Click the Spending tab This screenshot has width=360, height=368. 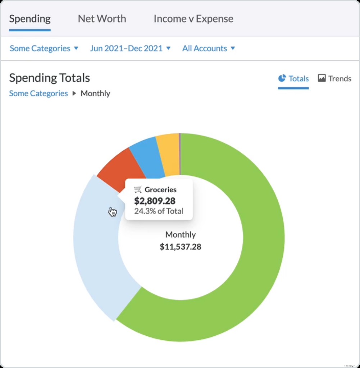[30, 19]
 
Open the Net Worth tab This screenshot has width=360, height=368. [102, 19]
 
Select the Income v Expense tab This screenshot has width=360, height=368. [193, 19]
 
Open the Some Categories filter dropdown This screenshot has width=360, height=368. [44, 48]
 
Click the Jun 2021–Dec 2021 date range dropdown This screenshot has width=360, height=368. [130, 48]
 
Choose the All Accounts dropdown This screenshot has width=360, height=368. [208, 48]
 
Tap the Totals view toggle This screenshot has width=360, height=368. [293, 78]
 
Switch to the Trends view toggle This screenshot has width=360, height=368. [334, 78]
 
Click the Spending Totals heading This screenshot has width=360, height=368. [49, 78]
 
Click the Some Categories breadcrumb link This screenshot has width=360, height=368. [38, 93]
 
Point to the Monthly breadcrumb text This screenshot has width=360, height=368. [95, 93]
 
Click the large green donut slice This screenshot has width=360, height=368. [252, 252]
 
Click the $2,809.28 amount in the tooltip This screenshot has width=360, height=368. [155, 201]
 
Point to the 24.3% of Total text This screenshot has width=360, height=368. [159, 211]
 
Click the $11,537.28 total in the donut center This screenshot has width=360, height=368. [181, 247]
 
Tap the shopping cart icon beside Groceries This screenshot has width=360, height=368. [138, 189]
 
